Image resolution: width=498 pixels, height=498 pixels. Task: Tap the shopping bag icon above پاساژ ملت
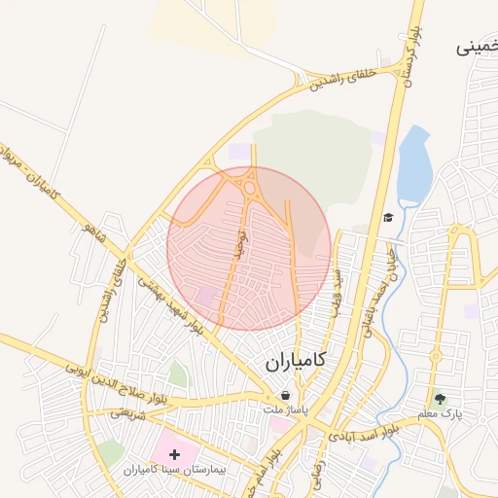286,396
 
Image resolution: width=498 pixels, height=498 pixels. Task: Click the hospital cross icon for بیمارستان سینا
175,454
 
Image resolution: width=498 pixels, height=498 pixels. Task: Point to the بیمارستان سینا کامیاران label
175,470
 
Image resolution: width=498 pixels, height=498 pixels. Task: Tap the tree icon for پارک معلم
440,399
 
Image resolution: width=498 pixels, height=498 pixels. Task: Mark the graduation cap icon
388,218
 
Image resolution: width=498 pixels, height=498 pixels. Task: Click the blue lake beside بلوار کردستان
416,165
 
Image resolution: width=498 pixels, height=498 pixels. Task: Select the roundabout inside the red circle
250,186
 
